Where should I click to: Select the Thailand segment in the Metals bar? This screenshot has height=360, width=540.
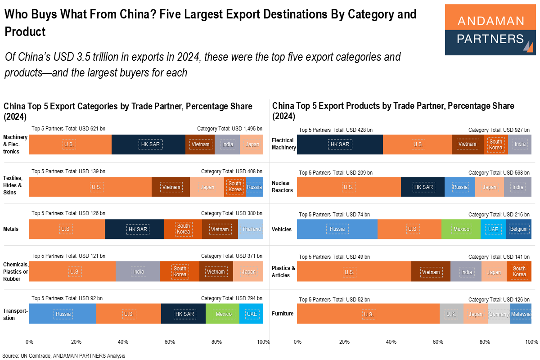pos(251,229)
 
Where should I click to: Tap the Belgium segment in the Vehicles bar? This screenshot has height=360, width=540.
pos(518,229)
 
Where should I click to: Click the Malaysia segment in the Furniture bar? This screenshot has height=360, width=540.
pos(521,314)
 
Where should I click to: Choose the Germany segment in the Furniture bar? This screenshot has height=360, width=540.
pos(498,314)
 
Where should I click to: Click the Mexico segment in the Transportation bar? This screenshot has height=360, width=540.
pos(223,314)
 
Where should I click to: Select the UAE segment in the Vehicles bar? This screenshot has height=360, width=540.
pos(493,229)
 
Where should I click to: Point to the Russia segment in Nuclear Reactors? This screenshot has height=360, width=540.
pos(460,187)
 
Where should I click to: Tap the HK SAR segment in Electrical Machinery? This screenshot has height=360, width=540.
pos(340,144)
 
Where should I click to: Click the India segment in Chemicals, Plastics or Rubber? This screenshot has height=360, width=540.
pos(138,271)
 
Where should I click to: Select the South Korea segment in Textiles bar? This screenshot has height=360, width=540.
pos(234,187)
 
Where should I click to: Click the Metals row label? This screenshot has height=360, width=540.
pos(11,229)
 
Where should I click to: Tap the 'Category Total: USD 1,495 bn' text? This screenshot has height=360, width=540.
pos(229,129)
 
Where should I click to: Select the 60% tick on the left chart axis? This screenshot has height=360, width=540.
pos(170,342)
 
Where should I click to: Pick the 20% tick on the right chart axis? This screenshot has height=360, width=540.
pos(344,342)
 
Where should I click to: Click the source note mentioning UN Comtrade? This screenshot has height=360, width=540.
pos(63,355)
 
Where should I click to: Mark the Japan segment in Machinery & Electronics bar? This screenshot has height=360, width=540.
pos(252,144)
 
